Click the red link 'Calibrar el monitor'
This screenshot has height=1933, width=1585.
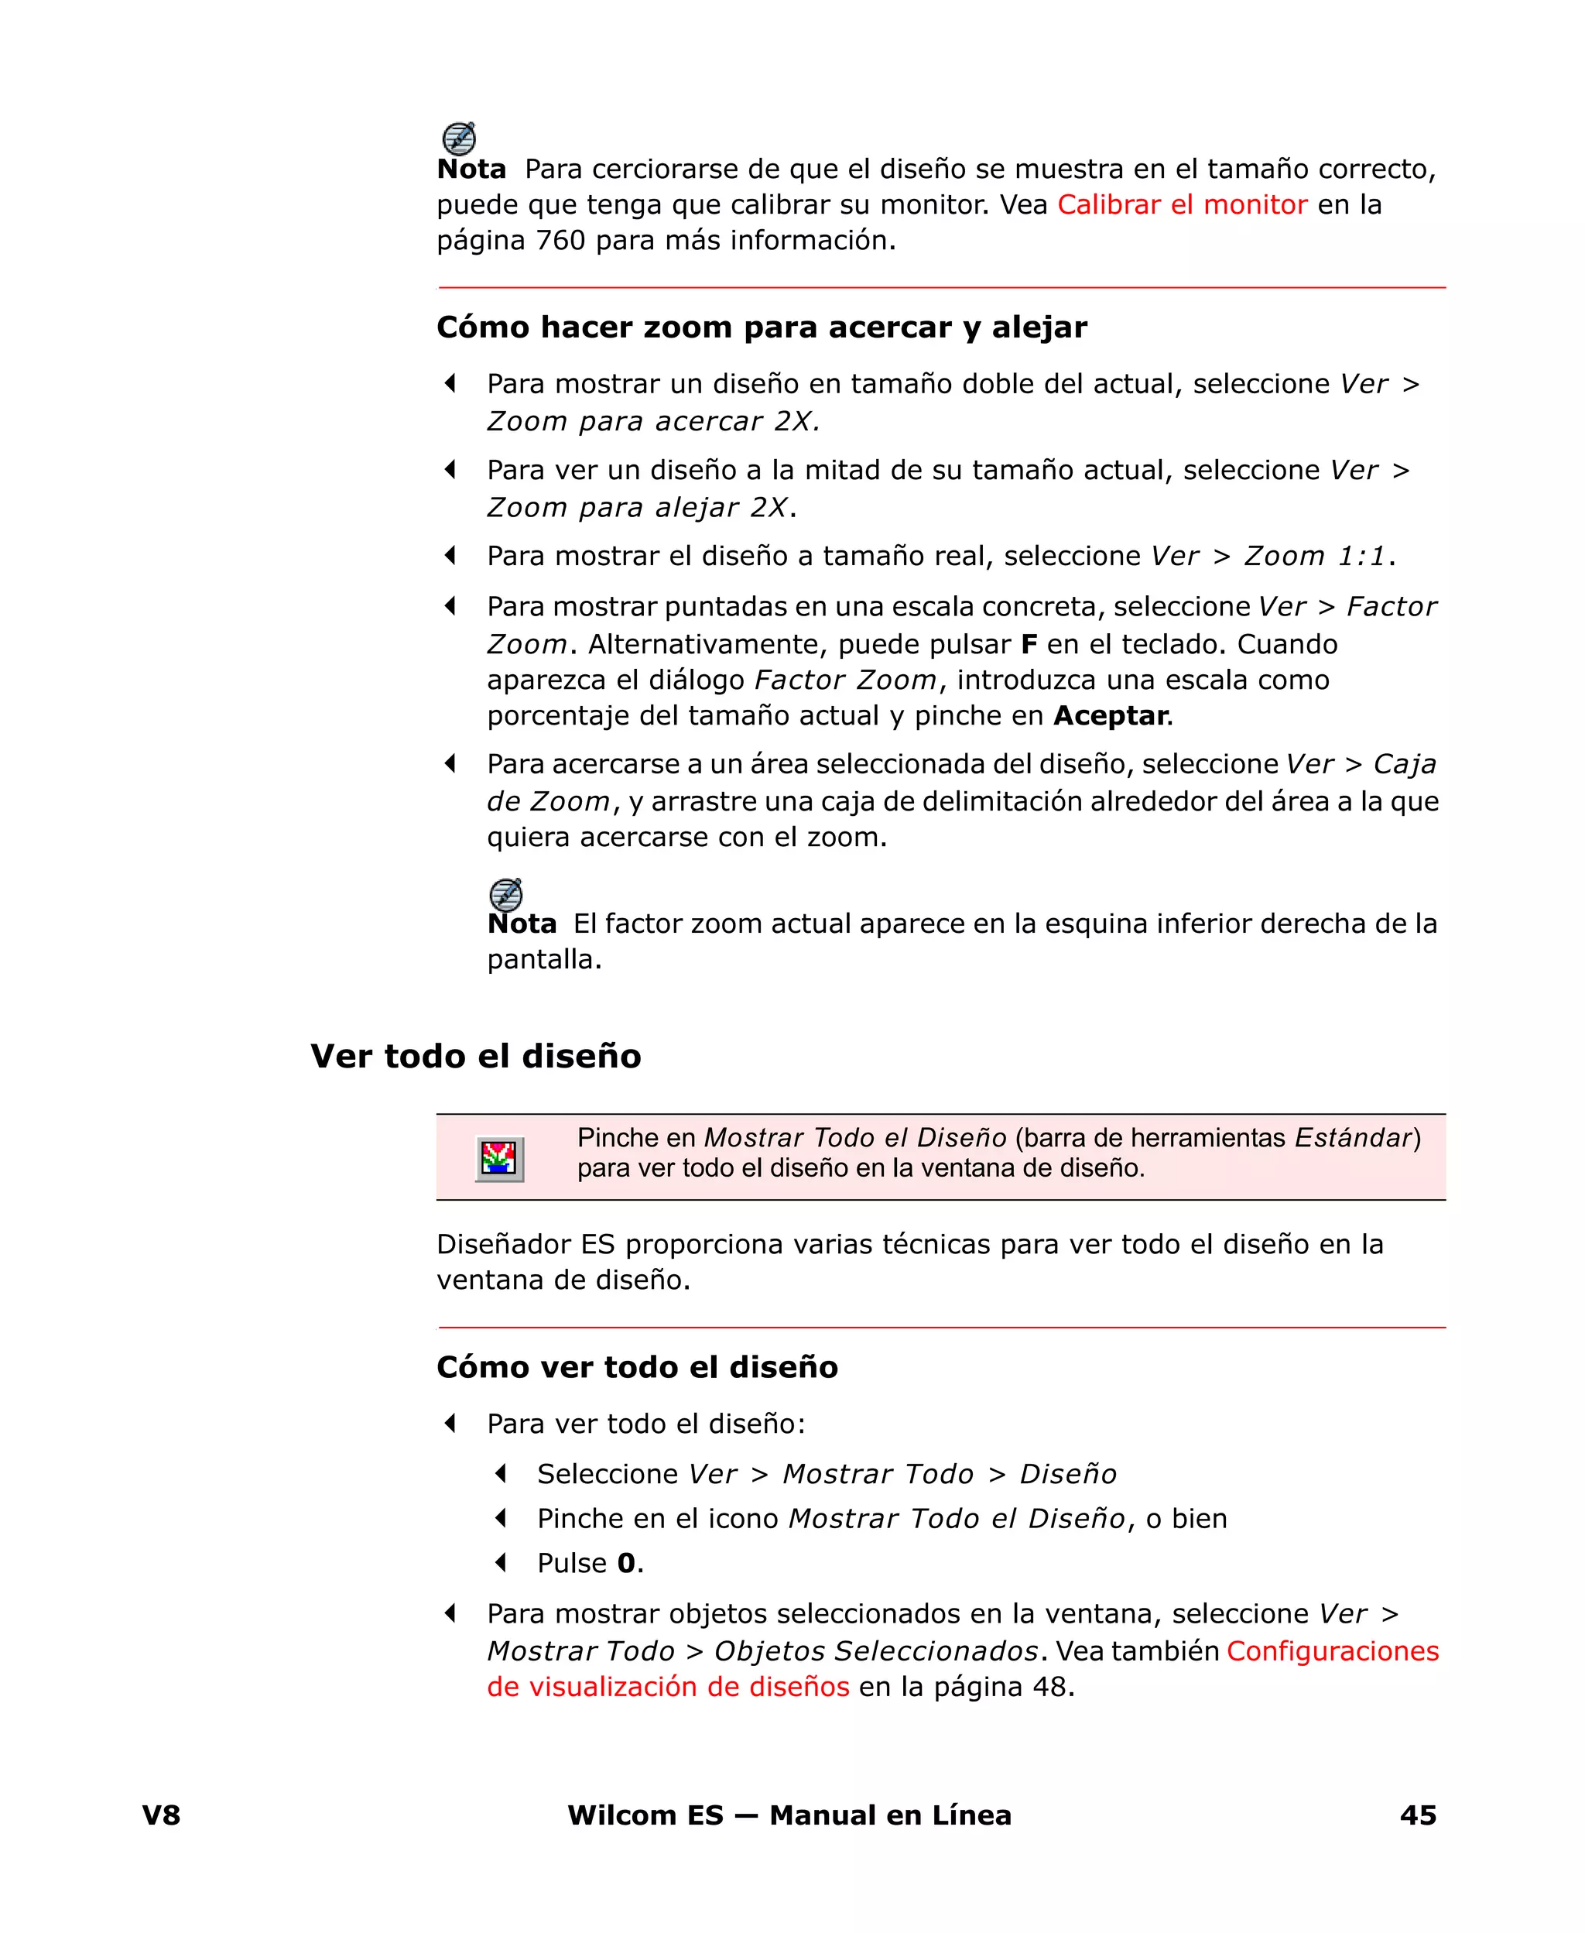click(x=1182, y=204)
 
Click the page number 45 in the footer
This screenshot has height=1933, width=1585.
click(x=1418, y=1815)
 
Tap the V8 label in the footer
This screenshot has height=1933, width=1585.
click(x=162, y=1815)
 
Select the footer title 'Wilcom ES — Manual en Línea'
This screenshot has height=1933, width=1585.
click(x=789, y=1815)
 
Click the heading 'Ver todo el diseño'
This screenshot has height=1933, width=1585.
click(x=476, y=1056)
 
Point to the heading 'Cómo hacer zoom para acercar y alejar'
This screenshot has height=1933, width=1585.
click(x=762, y=327)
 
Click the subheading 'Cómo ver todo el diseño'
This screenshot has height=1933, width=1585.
click(x=637, y=1367)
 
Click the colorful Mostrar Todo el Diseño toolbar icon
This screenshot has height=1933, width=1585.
click(x=499, y=1159)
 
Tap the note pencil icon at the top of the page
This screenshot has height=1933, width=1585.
click(x=458, y=139)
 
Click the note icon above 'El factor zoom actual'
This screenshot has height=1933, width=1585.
click(x=506, y=895)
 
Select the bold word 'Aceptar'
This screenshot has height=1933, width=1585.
click(x=1111, y=715)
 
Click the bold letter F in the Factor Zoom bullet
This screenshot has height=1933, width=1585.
click(x=1029, y=645)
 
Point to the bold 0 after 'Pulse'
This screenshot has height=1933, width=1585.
click(x=626, y=1563)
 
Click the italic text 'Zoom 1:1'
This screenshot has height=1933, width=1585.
click(x=1315, y=556)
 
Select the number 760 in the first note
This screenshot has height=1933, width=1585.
click(x=560, y=240)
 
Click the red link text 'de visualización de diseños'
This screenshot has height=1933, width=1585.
click(x=667, y=1687)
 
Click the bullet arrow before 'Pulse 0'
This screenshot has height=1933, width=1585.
click(x=500, y=1562)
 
